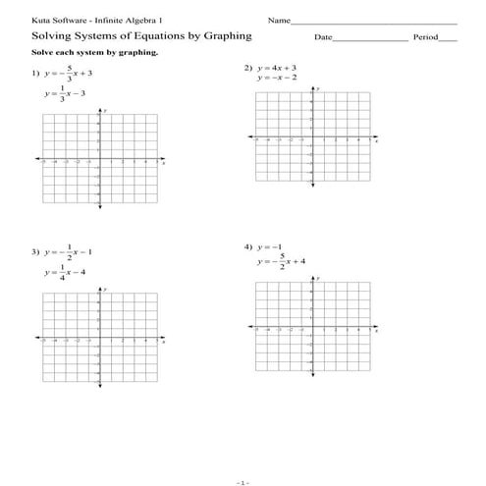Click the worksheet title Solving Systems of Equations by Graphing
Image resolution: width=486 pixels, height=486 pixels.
tap(129, 36)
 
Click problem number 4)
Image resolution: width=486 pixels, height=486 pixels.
tap(248, 246)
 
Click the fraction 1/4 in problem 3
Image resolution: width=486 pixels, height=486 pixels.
tap(62, 271)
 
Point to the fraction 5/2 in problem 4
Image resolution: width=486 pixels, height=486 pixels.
tap(283, 262)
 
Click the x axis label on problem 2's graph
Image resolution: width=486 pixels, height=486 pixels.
tap(377, 139)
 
